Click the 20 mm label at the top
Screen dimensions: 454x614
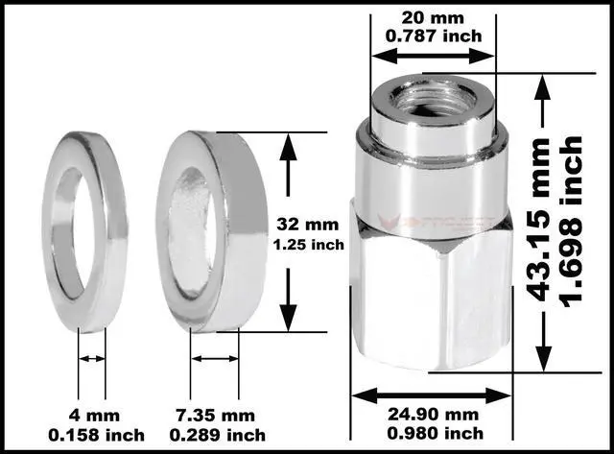click(433, 17)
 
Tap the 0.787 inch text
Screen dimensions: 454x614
click(433, 36)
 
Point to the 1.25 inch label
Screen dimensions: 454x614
click(309, 244)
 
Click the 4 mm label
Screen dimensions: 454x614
click(91, 416)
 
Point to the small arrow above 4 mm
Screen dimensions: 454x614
click(92, 359)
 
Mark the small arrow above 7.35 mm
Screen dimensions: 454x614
click(215, 359)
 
